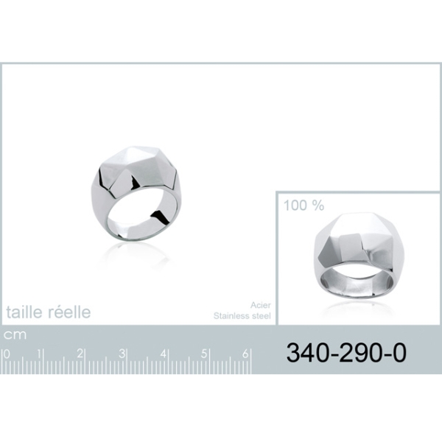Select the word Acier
[261, 305]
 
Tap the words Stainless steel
[242, 316]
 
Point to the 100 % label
[304, 206]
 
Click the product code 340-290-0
[346, 353]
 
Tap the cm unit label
[15, 335]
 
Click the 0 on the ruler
[7, 354]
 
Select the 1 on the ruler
[40, 354]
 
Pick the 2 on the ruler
[80, 354]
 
